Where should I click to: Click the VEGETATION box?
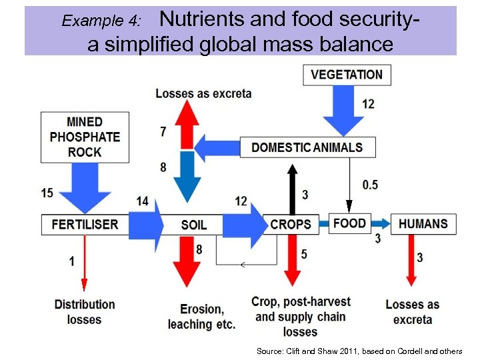[x=347, y=74]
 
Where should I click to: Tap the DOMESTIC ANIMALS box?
[x=307, y=147]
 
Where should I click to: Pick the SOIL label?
[x=193, y=225]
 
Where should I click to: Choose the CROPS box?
[x=291, y=224]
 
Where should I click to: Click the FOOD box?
[x=349, y=223]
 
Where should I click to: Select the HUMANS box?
[x=423, y=223]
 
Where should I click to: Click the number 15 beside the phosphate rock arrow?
[x=47, y=193]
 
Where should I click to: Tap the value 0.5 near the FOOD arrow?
[x=370, y=185]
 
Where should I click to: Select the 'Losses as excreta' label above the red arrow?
[x=203, y=93]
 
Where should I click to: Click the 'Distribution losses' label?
[x=85, y=311]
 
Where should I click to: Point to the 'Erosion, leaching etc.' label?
[x=201, y=317]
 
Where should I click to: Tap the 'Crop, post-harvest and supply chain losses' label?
[x=300, y=316]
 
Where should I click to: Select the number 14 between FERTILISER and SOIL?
[x=142, y=201]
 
